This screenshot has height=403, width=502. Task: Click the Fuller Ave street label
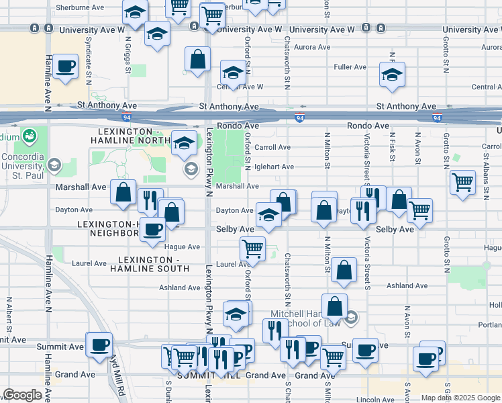[350, 67]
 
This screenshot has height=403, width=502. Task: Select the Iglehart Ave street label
[274, 167]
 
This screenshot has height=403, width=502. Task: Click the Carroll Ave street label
[272, 148]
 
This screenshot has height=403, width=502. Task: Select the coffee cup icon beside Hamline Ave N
[65, 66]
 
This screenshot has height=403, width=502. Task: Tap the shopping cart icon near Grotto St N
[462, 181]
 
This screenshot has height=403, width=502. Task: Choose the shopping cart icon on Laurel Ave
[252, 248]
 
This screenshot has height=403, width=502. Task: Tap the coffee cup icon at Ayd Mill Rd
[100, 345]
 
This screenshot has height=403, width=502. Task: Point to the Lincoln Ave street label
[375, 399]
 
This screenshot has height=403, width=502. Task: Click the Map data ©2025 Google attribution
[460, 398]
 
